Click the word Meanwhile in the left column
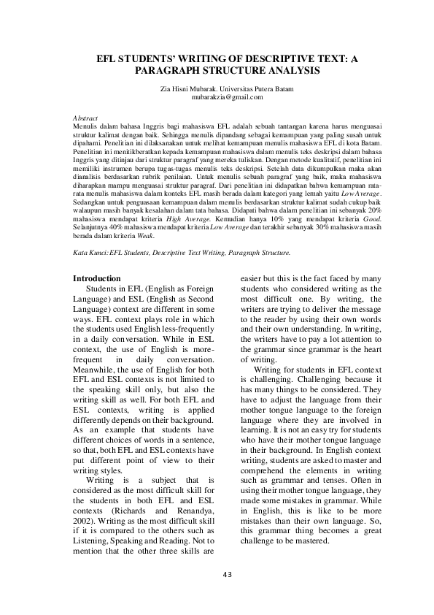click(x=99, y=370)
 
